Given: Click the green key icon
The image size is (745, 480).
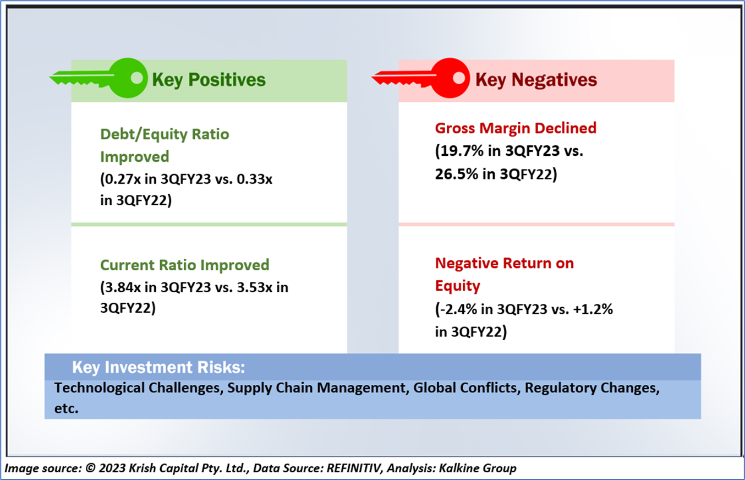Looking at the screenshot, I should tap(99, 79).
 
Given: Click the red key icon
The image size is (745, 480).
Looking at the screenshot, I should tap(421, 79).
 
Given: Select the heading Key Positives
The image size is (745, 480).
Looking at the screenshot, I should tap(209, 80).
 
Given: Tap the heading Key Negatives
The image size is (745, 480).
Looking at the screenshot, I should tap(536, 80).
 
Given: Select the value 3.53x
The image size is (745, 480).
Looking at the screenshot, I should tap(248, 287).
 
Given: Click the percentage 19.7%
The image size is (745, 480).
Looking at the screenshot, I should tap(458, 152).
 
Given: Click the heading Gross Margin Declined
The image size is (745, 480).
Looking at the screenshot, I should tap(516, 128).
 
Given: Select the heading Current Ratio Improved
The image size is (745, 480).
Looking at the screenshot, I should tap(184, 265).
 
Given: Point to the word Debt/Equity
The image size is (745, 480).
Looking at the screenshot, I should tap(141, 134).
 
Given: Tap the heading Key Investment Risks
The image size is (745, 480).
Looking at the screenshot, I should tap(158, 367).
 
